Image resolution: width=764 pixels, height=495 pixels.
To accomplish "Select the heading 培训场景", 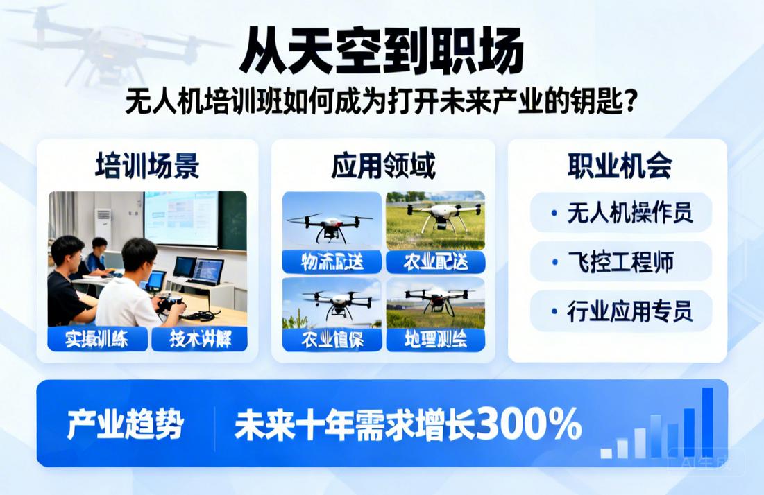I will [x=147, y=166].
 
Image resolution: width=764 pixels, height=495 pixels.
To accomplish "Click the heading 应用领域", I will [x=383, y=166].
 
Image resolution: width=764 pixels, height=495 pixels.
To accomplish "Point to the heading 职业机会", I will [x=620, y=166].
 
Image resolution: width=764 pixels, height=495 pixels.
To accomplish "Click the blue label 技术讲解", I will [x=199, y=339].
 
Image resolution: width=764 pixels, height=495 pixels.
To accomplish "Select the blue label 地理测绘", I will [x=435, y=339].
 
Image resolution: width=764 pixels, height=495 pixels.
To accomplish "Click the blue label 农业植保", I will [x=332, y=339].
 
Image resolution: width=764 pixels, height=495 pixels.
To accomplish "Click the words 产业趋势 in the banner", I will [x=125, y=424].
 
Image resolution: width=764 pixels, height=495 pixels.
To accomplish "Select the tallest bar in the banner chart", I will [x=707, y=422].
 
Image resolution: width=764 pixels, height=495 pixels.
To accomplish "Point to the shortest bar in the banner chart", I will [x=606, y=453].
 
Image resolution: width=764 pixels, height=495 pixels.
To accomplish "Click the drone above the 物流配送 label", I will [x=331, y=226].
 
